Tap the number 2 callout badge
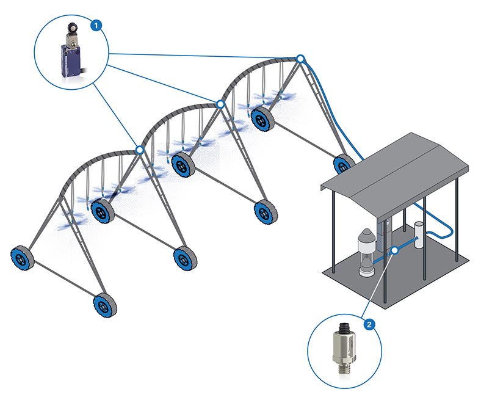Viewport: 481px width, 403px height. point(368,323)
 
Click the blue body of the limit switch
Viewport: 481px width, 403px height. point(68,64)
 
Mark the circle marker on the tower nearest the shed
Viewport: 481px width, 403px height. point(300,59)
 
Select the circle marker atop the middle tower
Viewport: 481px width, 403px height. point(220,104)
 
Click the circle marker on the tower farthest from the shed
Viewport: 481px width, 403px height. point(140,149)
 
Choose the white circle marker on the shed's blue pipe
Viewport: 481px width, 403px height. point(395,250)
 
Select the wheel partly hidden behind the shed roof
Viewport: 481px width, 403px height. point(343,164)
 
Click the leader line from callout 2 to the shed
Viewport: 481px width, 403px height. point(380,284)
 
